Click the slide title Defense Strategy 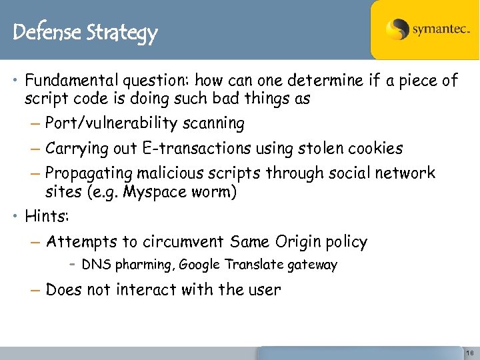(85, 32)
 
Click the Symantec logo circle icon (397, 30)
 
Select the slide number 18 (469, 352)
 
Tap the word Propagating (90, 173)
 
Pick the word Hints (46, 216)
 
